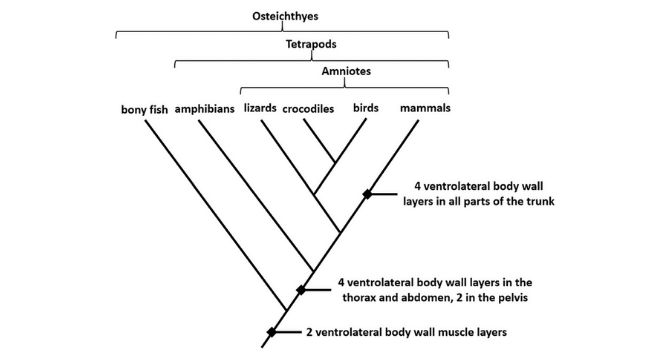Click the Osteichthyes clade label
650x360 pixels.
(x=283, y=15)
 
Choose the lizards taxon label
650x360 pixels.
(x=260, y=108)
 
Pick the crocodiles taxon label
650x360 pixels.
(x=307, y=108)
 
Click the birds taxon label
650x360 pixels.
(x=365, y=108)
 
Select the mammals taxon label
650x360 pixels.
(x=424, y=108)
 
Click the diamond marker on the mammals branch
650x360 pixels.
(x=367, y=194)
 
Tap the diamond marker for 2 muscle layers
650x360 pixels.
(x=271, y=332)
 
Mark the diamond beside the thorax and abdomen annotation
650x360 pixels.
(x=300, y=290)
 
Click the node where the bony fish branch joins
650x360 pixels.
(x=286, y=310)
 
